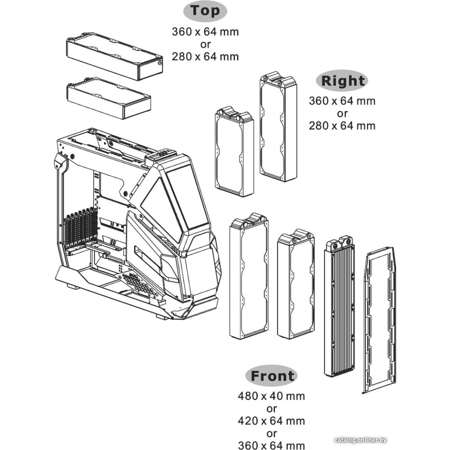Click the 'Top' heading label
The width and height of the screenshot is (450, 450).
(x=205, y=12)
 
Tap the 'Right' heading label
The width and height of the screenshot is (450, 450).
(x=342, y=81)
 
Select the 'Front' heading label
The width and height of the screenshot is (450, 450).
(x=272, y=376)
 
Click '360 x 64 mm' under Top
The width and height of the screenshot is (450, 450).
(x=205, y=32)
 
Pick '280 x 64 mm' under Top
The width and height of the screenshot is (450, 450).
(x=205, y=56)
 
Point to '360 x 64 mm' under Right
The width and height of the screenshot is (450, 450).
(x=342, y=101)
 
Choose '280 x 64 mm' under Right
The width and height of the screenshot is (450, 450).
(x=342, y=126)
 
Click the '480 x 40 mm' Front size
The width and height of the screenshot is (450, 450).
(x=271, y=396)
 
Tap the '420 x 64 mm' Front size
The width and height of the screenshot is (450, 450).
(x=271, y=421)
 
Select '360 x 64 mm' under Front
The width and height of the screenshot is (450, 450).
(x=271, y=445)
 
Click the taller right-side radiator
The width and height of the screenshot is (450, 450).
(x=278, y=128)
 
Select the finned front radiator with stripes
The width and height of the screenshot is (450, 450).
(x=339, y=308)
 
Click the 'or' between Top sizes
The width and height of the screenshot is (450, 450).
(x=205, y=44)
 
